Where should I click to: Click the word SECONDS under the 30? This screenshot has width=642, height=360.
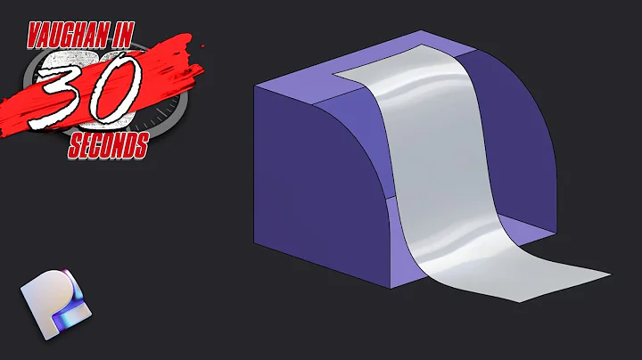pyautogui.click(x=107, y=147)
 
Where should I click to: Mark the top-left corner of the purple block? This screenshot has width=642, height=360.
pyautogui.click(x=255, y=86)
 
